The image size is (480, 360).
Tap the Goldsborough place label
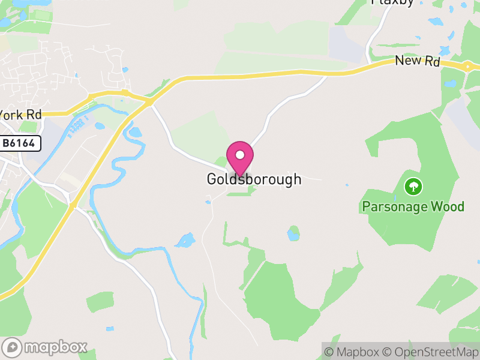click(x=254, y=179)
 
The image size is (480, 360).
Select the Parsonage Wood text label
click(x=413, y=207)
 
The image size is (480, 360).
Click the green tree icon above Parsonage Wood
click(x=413, y=187)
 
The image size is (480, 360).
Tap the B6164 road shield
click(x=20, y=143)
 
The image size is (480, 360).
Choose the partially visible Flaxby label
click(x=393, y=2)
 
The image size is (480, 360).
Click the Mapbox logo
click(x=46, y=347)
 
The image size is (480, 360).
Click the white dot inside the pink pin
click(x=240, y=155)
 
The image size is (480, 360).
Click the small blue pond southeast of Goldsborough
click(x=293, y=233)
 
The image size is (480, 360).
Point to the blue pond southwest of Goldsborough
click(x=185, y=241)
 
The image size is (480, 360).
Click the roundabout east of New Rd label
click(x=467, y=66)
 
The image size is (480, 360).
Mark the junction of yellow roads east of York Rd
click(x=148, y=103)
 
